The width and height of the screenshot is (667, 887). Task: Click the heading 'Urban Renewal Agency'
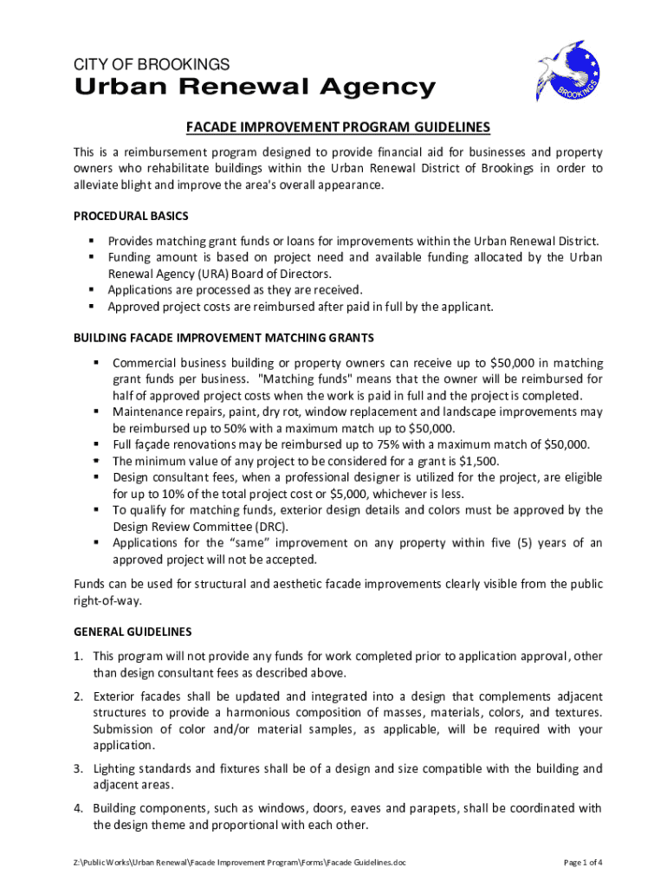[x=255, y=87]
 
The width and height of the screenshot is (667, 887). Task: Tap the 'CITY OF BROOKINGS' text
[x=151, y=65]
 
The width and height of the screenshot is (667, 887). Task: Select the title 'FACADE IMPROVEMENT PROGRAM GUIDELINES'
[x=338, y=128]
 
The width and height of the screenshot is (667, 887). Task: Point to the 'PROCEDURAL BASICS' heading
[x=131, y=216]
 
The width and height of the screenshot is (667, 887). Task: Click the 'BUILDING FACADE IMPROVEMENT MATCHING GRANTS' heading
[x=223, y=338]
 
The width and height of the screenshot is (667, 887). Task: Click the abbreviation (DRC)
[x=291, y=527]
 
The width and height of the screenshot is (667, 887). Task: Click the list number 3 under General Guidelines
[x=77, y=769]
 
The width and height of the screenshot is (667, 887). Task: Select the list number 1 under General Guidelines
[x=77, y=657]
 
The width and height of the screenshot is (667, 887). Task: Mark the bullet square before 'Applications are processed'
[x=90, y=290]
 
